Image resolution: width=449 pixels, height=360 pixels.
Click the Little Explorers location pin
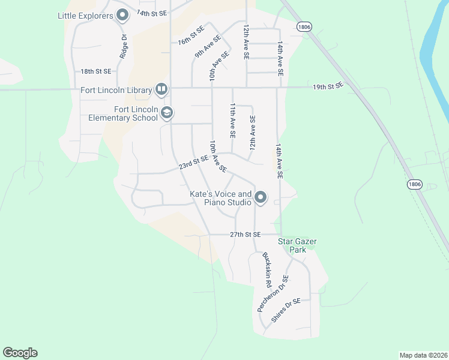click(122, 15)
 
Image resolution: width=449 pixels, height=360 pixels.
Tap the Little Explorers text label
click(85, 16)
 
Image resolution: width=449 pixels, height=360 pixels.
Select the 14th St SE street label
click(151, 13)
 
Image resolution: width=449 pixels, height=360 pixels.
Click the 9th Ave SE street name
click(207, 46)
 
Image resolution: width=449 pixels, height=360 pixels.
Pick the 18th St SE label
click(96, 71)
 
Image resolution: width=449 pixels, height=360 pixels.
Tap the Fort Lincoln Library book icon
click(161, 90)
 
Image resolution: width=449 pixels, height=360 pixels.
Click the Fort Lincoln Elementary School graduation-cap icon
click(166, 113)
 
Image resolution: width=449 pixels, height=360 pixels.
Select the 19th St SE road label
click(327, 86)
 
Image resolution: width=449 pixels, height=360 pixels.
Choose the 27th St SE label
click(245, 234)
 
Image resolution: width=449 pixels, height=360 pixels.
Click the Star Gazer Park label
click(297, 245)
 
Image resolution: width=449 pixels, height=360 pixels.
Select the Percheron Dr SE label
click(273, 293)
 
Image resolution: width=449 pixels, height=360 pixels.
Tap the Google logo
click(20, 353)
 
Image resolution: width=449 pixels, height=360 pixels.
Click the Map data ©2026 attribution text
click(423, 355)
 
